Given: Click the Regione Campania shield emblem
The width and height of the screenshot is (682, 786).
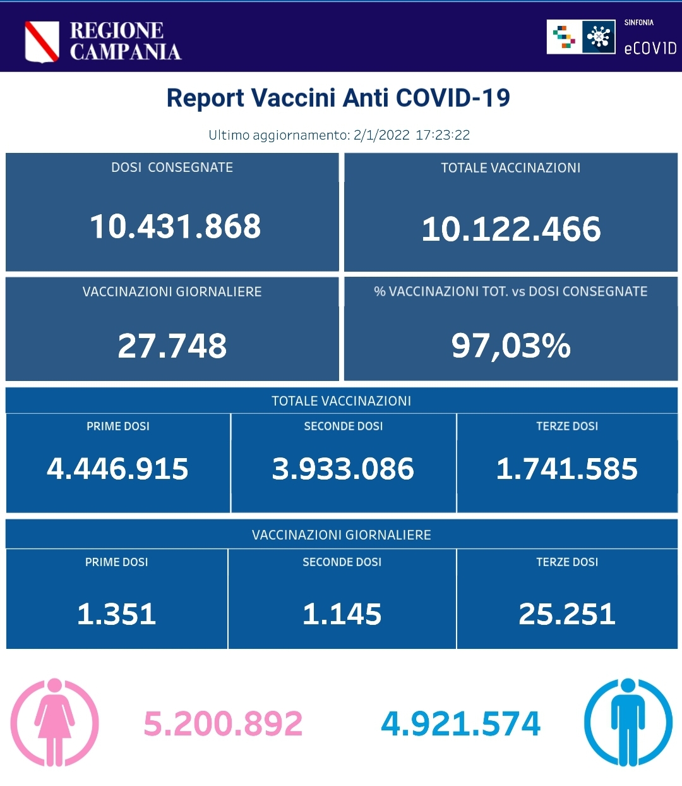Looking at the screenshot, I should tap(42, 42).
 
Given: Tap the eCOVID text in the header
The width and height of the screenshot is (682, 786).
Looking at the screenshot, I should tap(650, 49).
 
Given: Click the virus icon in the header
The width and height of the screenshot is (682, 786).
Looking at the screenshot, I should tap(598, 37).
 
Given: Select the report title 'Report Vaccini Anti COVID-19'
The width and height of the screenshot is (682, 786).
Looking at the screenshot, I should tap(338, 98).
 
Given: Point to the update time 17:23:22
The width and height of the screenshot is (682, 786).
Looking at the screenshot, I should tap(443, 135).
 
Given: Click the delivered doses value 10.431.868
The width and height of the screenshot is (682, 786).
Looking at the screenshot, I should tap(175, 226).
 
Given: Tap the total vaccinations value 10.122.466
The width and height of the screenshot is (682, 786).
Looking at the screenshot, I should tap(511, 229).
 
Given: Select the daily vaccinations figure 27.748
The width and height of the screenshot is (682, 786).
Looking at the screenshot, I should tap(172, 346).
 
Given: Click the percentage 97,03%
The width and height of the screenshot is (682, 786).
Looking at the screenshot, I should tap(511, 346).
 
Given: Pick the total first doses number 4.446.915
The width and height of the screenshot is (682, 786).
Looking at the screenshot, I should tap(117, 469).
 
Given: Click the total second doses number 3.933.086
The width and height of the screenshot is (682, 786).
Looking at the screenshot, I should tap(343, 469).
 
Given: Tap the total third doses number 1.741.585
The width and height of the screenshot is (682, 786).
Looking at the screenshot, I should tap(566, 469).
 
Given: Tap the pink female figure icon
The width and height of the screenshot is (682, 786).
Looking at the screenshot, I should tap(55, 722).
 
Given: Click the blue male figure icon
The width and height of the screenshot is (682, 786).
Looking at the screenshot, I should tap(628, 722).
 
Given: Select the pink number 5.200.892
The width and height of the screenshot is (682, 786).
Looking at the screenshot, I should tap(223, 724).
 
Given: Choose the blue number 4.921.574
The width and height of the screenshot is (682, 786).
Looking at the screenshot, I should tap(461, 724).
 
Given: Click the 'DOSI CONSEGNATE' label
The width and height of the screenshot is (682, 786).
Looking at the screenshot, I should tap(172, 167).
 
